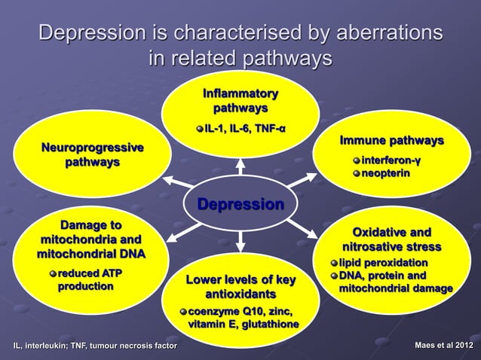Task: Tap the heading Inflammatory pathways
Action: pos(240,102)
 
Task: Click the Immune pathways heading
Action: pos(391,141)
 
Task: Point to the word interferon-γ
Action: pos(391,160)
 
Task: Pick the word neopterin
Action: pos(386,173)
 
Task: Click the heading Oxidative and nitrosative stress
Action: pos(392,239)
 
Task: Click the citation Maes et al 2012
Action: pos(446,346)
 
